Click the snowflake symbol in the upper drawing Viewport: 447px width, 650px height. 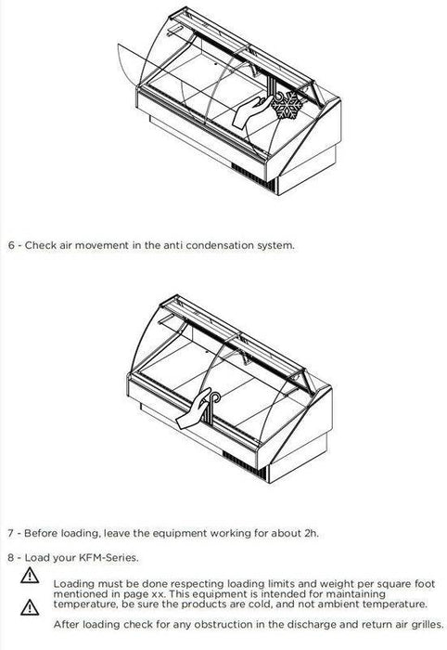click(x=287, y=105)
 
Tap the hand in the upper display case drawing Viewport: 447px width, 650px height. click(x=251, y=111)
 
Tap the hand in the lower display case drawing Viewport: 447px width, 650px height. click(x=194, y=409)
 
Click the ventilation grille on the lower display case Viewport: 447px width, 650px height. click(x=244, y=464)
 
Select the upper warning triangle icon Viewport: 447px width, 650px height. click(x=30, y=576)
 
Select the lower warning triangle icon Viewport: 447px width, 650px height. click(x=30, y=607)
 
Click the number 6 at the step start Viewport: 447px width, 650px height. click(x=11, y=245)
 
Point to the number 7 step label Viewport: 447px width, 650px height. click(x=10, y=533)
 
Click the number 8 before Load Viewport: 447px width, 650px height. click(x=11, y=557)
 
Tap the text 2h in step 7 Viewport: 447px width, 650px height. click(x=311, y=533)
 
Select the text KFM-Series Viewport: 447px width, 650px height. click(x=108, y=557)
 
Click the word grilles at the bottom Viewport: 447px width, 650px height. click(x=428, y=624)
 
